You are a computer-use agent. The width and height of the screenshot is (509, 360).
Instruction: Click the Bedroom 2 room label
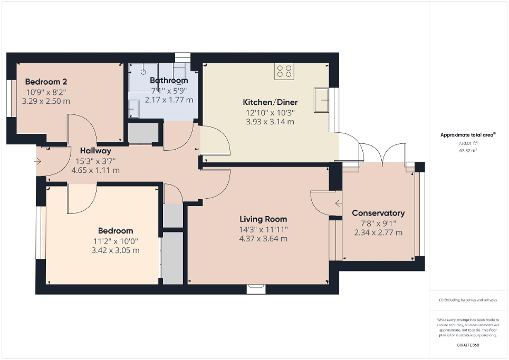[46, 82]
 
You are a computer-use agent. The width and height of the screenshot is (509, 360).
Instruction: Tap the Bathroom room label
[169, 81]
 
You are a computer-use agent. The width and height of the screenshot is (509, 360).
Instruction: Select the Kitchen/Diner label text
[270, 102]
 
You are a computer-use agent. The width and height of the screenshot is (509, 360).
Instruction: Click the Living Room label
[263, 219]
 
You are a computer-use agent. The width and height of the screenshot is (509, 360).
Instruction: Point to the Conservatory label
[378, 213]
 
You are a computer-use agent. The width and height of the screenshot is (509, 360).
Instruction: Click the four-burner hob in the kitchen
[284, 71]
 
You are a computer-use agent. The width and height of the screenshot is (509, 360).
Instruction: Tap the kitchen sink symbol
[321, 100]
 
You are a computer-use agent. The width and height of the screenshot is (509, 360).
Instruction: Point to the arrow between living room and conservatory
[338, 202]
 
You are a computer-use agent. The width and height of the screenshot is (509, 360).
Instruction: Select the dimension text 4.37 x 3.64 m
[263, 239]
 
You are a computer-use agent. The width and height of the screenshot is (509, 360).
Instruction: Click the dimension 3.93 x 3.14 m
[270, 122]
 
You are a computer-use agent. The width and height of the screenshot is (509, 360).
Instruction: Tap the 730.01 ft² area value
[468, 143]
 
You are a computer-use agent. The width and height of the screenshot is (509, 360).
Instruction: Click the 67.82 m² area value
[468, 150]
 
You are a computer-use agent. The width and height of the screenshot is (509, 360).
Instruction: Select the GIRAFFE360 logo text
[468, 344]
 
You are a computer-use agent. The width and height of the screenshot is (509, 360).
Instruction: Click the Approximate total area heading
[468, 135]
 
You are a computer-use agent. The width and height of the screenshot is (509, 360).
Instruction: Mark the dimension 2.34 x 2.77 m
[378, 232]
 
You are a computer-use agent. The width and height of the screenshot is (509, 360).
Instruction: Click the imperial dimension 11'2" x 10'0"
[116, 241]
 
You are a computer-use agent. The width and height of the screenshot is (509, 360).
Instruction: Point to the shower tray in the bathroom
[143, 77]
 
